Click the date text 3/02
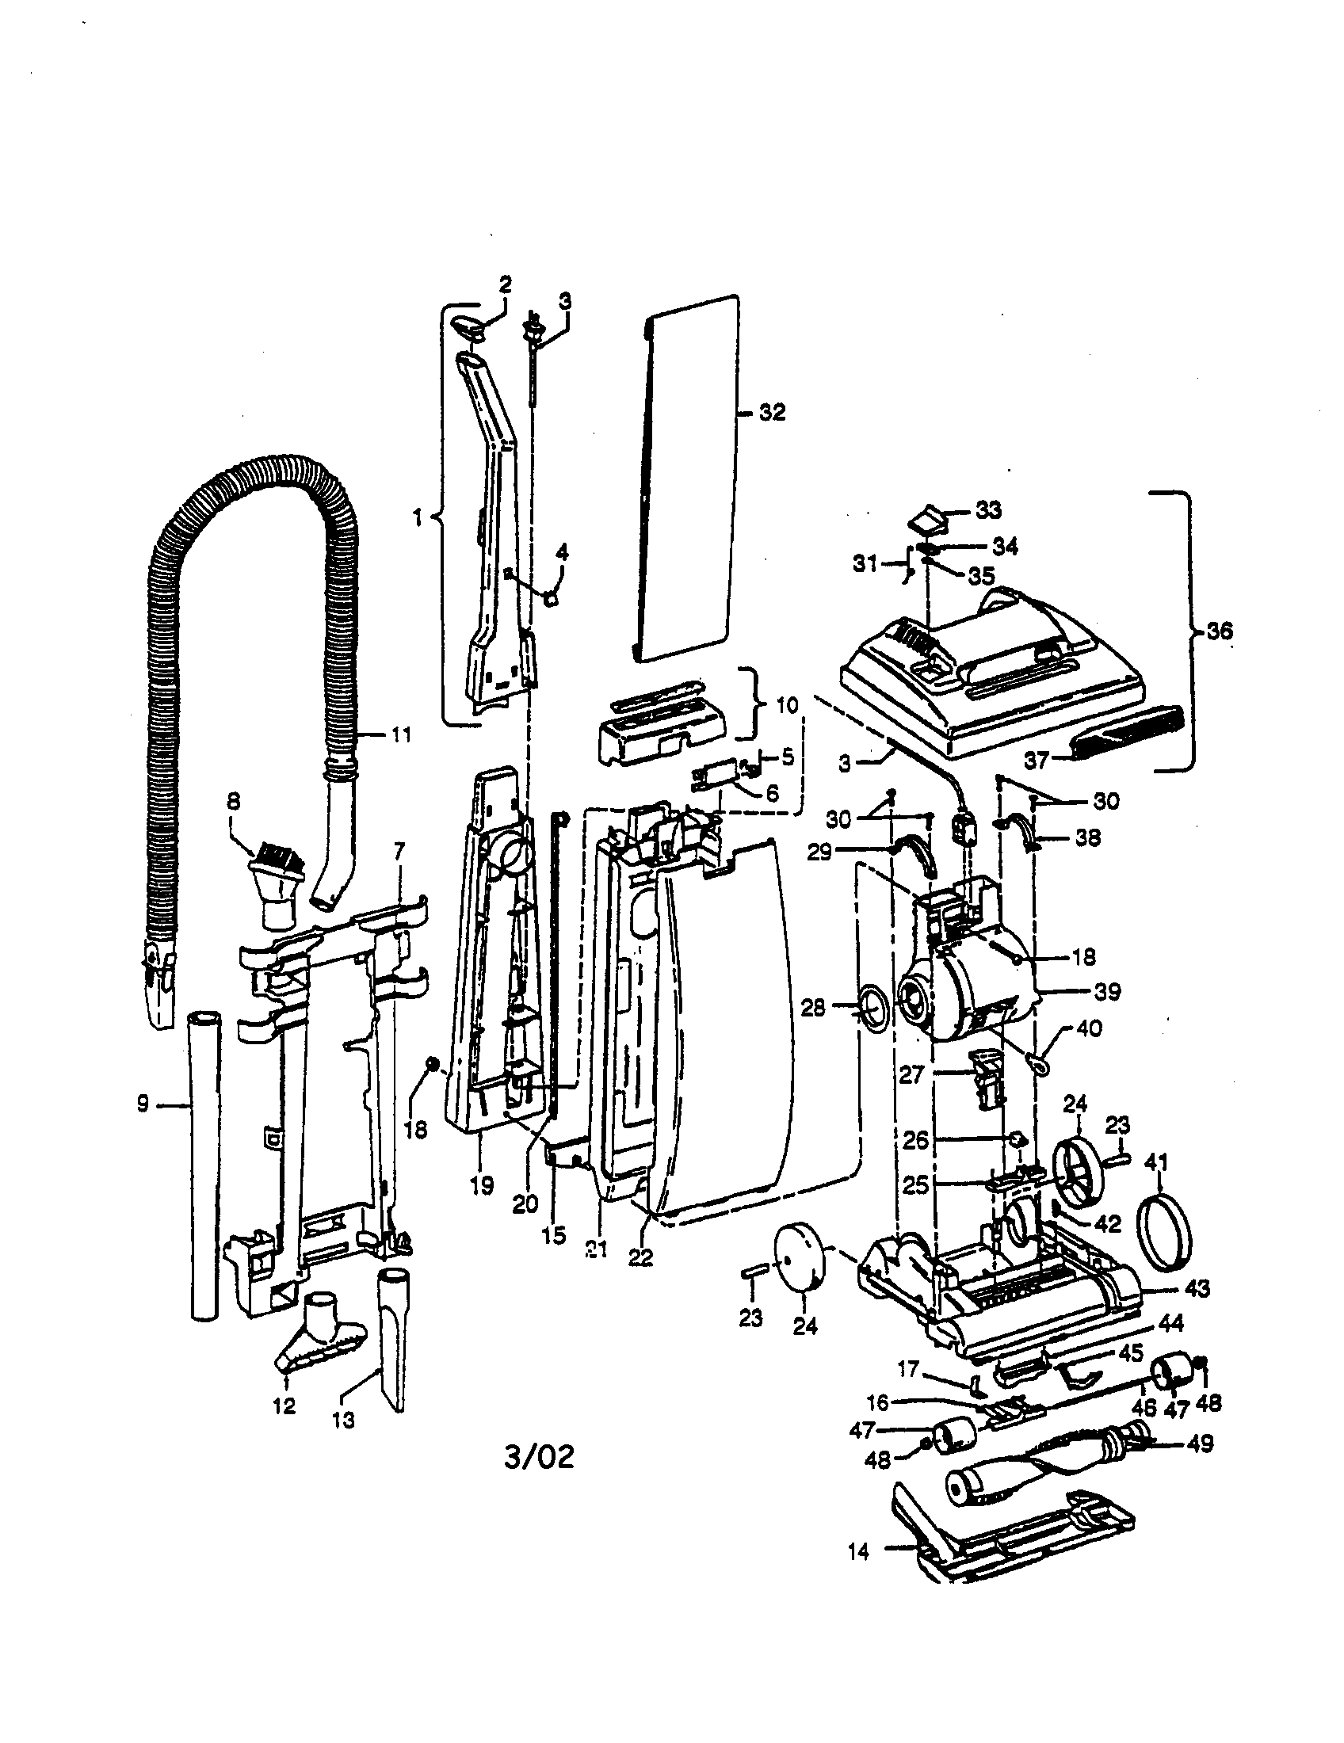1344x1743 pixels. pos(539,1457)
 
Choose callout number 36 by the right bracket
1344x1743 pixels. pos(1220,631)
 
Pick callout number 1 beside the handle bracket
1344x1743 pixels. pos(417,517)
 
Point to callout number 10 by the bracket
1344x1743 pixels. pos(786,705)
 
